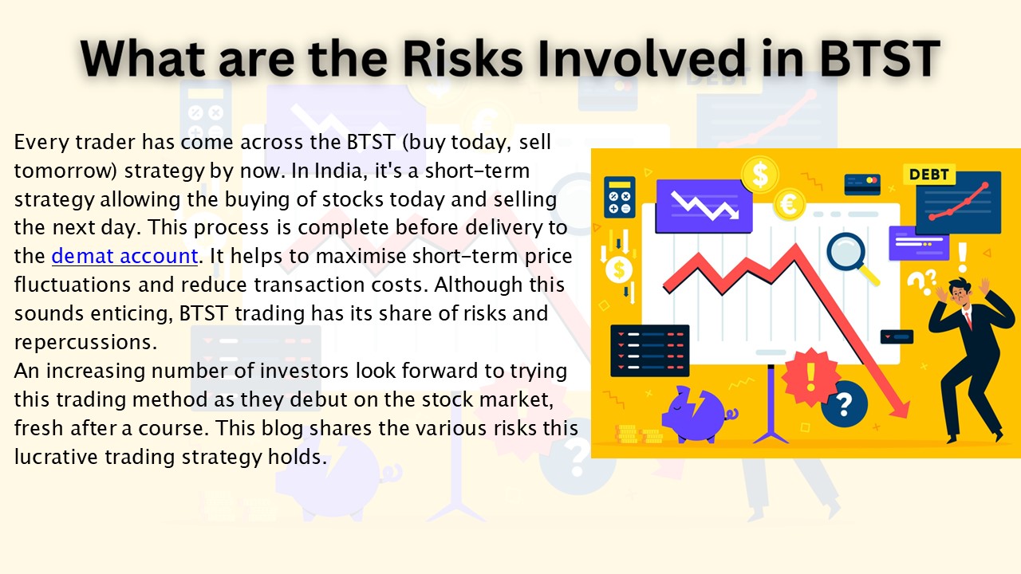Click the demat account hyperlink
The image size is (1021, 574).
[x=124, y=256]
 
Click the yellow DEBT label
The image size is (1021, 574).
[x=928, y=175]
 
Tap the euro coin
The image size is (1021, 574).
[x=791, y=203]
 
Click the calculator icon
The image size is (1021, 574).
[x=620, y=197]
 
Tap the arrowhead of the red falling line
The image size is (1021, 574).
[x=900, y=409]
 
